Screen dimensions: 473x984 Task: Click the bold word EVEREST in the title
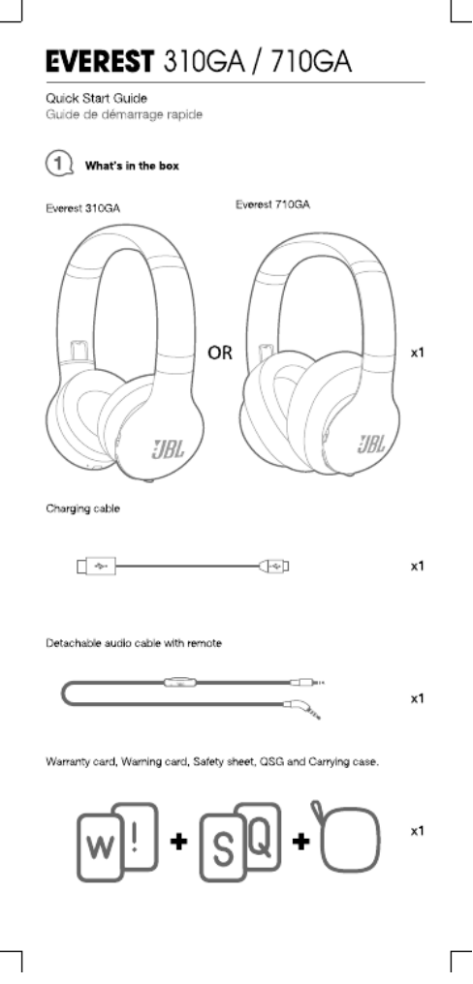[x=99, y=62]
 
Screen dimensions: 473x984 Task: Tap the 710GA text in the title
[x=311, y=62]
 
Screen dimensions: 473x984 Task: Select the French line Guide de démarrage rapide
[x=124, y=115]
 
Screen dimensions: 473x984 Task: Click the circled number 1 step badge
[x=58, y=165]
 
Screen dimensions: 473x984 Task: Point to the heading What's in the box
[x=132, y=167]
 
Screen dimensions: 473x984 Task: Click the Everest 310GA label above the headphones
[x=83, y=209]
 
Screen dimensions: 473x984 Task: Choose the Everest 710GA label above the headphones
[x=272, y=204]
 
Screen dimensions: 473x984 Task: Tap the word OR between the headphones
[x=220, y=354]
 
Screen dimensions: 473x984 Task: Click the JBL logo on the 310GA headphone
[x=167, y=448]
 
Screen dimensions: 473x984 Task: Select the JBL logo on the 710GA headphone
[x=371, y=445]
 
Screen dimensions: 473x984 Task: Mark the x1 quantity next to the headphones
[x=418, y=353]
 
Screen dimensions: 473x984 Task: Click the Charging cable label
[x=82, y=508]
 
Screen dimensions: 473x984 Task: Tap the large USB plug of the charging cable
[x=97, y=567]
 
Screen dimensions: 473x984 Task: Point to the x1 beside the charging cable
[x=418, y=566]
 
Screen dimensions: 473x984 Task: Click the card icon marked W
[x=99, y=848]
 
